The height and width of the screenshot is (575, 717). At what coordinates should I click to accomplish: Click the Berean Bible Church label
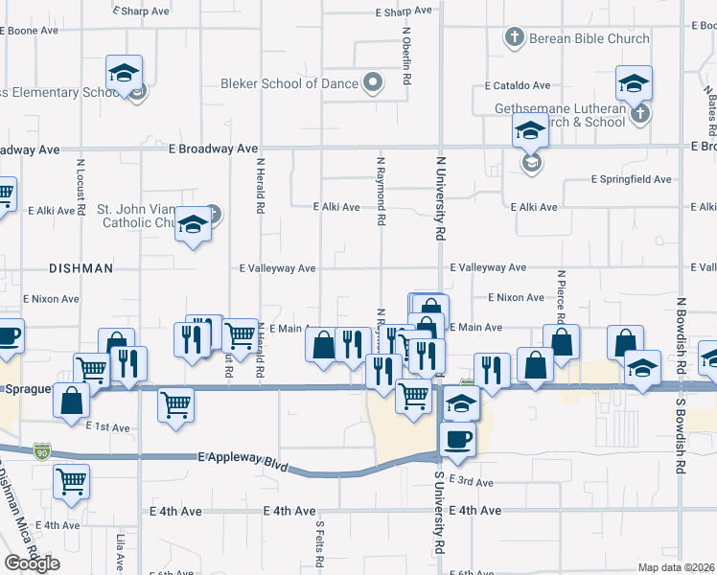[590, 38]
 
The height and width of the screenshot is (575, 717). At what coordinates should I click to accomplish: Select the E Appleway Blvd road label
[243, 462]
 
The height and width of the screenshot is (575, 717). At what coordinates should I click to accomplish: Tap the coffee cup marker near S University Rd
[456, 438]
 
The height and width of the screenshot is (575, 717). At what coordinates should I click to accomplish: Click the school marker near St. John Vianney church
[194, 225]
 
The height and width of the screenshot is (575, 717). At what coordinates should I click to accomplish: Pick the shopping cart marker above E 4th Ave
[72, 481]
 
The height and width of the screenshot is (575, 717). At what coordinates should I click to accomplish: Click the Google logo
[32, 563]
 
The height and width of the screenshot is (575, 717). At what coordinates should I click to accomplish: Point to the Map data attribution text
[677, 567]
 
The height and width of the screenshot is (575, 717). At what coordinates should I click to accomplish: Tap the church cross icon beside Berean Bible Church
[514, 38]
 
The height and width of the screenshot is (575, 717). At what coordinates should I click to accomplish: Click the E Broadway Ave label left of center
[213, 149]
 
